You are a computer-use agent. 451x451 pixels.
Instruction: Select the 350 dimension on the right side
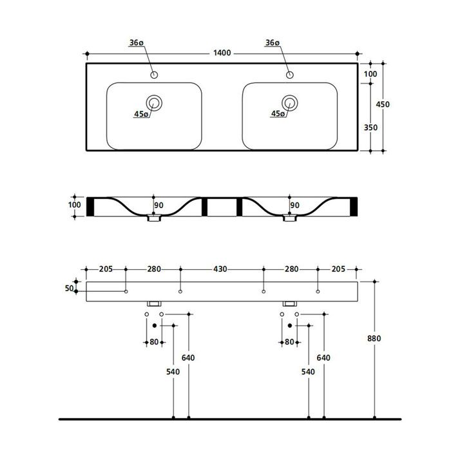click(370, 128)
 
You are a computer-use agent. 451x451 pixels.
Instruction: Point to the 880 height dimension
click(374, 338)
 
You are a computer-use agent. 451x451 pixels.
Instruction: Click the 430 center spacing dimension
click(220, 269)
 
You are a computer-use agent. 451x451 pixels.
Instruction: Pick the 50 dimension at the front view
click(70, 288)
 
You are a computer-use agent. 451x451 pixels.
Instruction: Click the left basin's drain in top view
click(155, 102)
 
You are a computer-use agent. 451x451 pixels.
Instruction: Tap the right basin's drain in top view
click(290, 102)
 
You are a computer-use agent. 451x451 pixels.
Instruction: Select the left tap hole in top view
click(155, 75)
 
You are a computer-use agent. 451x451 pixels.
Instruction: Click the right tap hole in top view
click(290, 75)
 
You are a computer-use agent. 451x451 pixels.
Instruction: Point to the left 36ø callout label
click(136, 43)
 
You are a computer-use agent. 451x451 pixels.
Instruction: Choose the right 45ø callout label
click(278, 114)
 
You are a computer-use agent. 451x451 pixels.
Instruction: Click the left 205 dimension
click(107, 269)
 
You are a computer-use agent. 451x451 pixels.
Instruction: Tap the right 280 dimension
click(291, 269)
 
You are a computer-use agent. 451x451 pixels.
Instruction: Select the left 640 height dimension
click(188, 358)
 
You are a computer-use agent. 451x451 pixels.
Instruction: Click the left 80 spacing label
click(154, 341)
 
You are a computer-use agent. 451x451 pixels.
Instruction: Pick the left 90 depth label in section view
click(158, 206)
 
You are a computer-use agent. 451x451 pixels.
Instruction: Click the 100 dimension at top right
click(370, 75)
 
